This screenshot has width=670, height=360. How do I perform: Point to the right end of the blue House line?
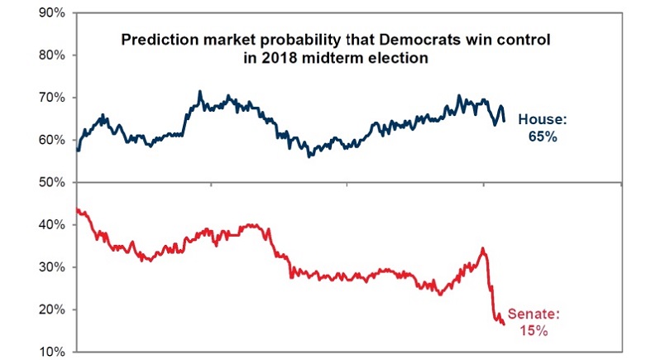(x=504, y=121)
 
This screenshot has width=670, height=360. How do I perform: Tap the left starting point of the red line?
(x=76, y=209)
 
